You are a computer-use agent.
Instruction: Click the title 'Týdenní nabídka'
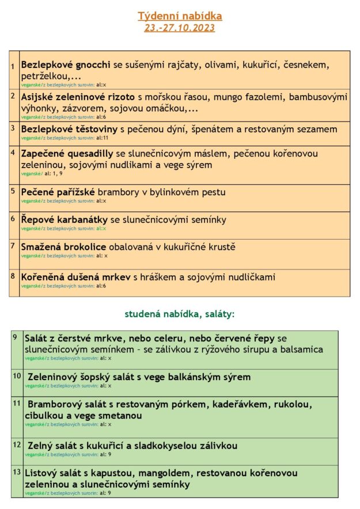click(180, 16)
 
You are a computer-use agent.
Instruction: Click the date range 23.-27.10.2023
click(180, 28)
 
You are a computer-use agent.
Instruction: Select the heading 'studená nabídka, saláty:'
click(180, 314)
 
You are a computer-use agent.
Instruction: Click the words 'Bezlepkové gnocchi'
click(62, 65)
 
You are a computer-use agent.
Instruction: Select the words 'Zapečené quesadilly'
click(67, 154)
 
